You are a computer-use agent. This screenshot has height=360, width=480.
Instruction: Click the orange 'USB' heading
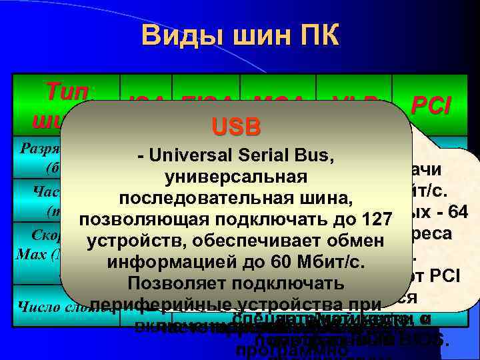[x=235, y=127]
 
